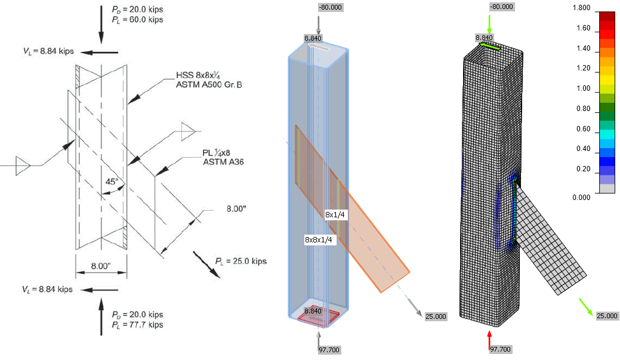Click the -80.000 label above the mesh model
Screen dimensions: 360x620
(x=501, y=7)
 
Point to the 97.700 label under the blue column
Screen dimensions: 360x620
(x=322, y=349)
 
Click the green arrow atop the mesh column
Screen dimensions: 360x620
(x=489, y=24)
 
